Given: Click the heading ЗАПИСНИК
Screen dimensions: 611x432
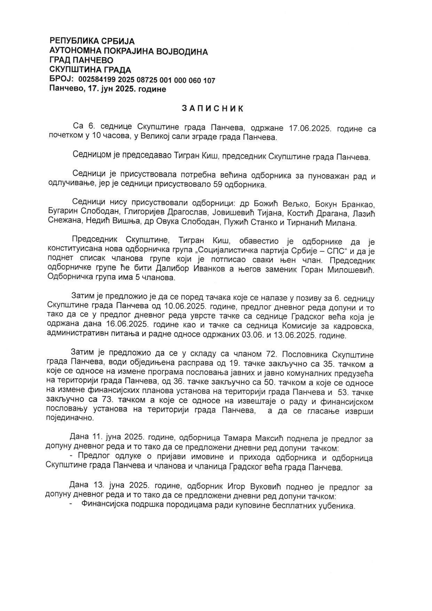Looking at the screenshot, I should [x=213, y=109].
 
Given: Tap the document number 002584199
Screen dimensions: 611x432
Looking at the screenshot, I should [x=97, y=80].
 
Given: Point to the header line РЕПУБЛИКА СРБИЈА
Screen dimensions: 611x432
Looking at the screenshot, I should [x=92, y=41].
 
